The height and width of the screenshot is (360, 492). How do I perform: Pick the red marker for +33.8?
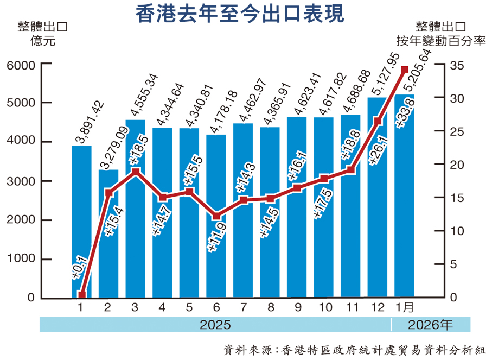point(404,70)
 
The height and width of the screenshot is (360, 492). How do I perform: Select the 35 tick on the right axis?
point(457,65)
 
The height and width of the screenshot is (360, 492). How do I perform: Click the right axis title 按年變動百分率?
point(440,40)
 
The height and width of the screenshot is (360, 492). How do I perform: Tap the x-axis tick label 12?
point(377,308)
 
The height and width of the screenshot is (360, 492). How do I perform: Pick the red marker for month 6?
point(216,216)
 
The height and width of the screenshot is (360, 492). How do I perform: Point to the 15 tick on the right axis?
point(457,198)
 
